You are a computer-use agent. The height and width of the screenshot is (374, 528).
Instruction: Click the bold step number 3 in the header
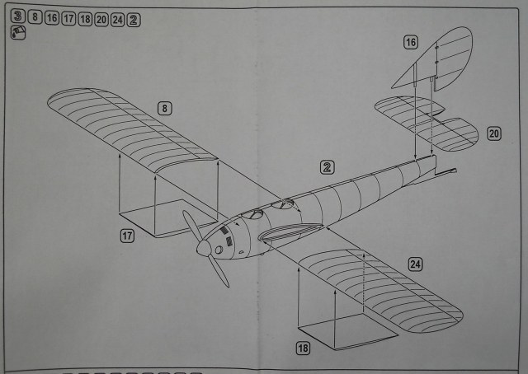[17, 17]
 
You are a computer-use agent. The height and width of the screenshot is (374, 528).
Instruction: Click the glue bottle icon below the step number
[16, 33]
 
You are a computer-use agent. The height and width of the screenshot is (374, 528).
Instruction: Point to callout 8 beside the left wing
[165, 107]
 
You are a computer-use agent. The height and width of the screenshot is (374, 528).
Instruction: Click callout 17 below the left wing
[127, 236]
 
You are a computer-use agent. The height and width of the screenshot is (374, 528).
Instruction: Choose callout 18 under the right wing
[304, 348]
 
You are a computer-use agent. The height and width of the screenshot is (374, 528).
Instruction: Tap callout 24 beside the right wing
[416, 264]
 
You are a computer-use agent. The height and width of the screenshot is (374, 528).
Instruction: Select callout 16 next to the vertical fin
[411, 42]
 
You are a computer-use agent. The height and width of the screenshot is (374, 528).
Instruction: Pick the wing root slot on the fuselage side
[279, 236]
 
